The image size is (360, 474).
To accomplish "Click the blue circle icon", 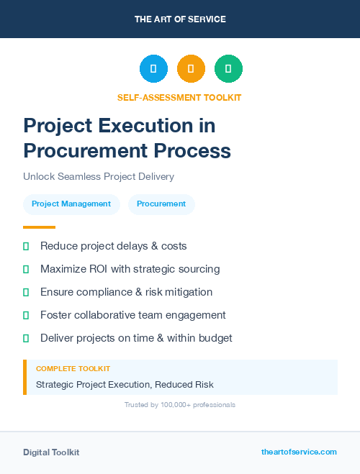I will [x=153, y=69].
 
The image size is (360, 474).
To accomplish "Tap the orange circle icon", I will [x=191, y=69].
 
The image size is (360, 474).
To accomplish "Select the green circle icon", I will [x=228, y=69].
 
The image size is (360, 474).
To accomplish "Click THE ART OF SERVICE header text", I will [x=180, y=19].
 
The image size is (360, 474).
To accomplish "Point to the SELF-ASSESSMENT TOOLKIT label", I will [x=179, y=97].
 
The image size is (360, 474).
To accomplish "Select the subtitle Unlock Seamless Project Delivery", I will [x=99, y=176].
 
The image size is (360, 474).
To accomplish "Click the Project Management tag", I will [x=71, y=204].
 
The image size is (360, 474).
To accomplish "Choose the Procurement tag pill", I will [x=161, y=204].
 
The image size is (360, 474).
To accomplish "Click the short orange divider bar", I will [x=39, y=227].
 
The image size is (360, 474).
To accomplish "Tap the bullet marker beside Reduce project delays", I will [x=26, y=247].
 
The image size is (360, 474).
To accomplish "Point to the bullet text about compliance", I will [x=126, y=292].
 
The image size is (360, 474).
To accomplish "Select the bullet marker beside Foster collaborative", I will [x=26, y=315].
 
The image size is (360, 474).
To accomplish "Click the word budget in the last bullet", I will [x=215, y=338].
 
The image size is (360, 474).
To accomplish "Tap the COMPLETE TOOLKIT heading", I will [x=73, y=369].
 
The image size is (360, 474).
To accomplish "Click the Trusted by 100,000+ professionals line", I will [x=179, y=405].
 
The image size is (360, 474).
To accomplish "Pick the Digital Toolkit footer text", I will [x=51, y=452].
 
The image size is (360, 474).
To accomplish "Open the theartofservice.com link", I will [x=299, y=452].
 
